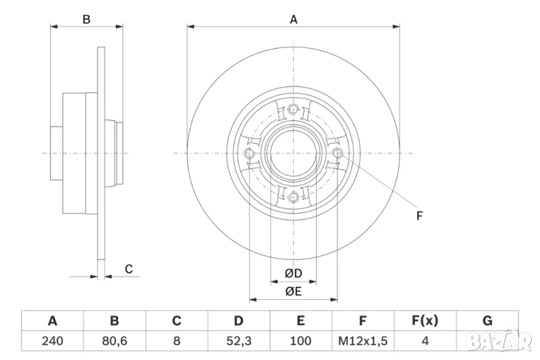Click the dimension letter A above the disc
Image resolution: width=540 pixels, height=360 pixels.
pyautogui.click(x=294, y=20)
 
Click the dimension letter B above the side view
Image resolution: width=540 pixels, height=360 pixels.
pyautogui.click(x=86, y=20)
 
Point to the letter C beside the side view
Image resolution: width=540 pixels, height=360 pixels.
pyautogui.click(x=128, y=269)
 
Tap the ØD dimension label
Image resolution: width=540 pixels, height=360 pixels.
pyautogui.click(x=292, y=274)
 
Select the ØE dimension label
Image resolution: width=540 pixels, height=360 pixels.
pyautogui.click(x=292, y=292)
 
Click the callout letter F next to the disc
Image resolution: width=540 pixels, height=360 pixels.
pyautogui.click(x=418, y=216)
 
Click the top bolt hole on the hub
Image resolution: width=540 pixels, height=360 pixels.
pyautogui.click(x=293, y=111)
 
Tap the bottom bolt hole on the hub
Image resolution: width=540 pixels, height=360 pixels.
pyautogui.click(x=293, y=197)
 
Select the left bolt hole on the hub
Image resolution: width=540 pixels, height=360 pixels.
pyautogui.click(x=250, y=154)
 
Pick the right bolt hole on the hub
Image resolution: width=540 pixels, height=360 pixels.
pyautogui.click(x=337, y=154)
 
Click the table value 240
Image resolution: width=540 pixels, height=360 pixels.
pyautogui.click(x=53, y=341)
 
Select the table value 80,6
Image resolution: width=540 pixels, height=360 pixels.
pyautogui.click(x=114, y=341)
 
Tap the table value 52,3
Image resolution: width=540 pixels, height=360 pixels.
pyautogui.click(x=239, y=341)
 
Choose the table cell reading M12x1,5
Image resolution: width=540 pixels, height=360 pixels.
pyautogui.click(x=362, y=341)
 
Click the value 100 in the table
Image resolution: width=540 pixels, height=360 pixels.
pyautogui.click(x=300, y=341)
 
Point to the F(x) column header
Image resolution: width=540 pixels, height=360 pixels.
pyautogui.click(x=425, y=321)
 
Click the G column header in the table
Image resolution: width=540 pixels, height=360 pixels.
pyautogui.click(x=487, y=321)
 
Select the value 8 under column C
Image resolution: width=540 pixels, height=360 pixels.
pyautogui.click(x=176, y=341)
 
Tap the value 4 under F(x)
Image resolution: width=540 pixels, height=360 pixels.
pyautogui.click(x=425, y=341)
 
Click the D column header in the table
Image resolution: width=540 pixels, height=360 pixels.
pyautogui.click(x=239, y=321)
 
